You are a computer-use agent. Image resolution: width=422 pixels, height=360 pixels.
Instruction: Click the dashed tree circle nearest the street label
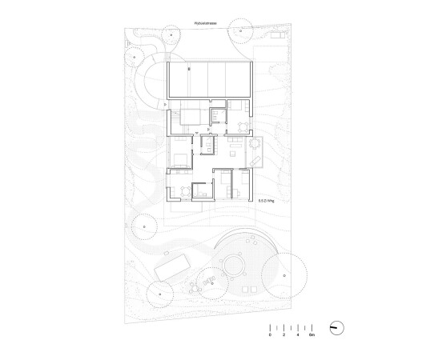click(x=171, y=34)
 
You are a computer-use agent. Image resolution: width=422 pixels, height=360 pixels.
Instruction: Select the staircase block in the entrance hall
click(x=191, y=118)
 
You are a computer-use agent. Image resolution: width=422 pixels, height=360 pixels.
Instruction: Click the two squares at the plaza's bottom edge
click(x=246, y=287)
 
